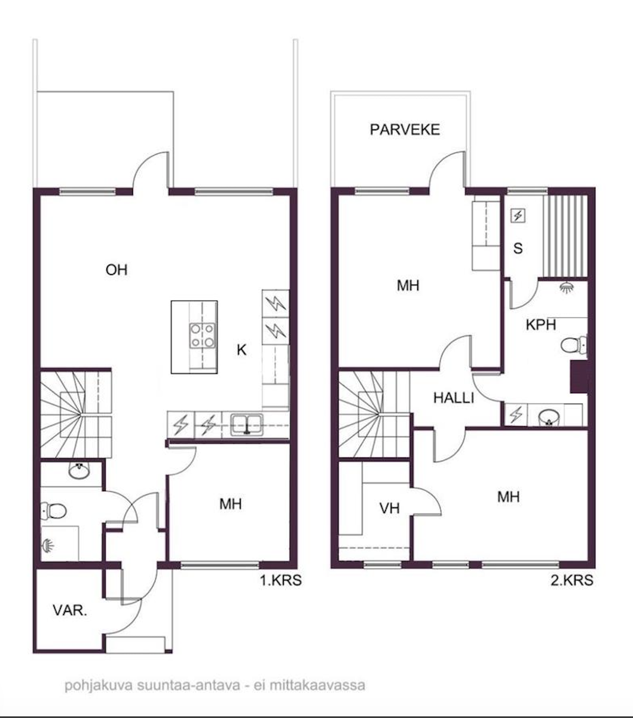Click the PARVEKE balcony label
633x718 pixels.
pyautogui.click(x=405, y=130)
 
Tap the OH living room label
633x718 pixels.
pyautogui.click(x=117, y=270)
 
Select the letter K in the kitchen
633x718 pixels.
pyautogui.click(x=241, y=350)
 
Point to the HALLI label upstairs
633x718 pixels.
pyautogui.click(x=454, y=398)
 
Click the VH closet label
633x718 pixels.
pyautogui.click(x=390, y=509)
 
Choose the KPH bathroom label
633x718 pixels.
pyautogui.click(x=540, y=325)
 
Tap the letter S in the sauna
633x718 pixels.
pyautogui.click(x=518, y=248)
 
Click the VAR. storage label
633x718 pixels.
pyautogui.click(x=70, y=610)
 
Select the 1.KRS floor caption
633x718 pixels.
pyautogui.click(x=281, y=580)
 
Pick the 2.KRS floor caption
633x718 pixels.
pyautogui.click(x=572, y=580)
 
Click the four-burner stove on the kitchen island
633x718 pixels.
pyautogui.click(x=203, y=335)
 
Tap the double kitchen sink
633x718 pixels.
pyautogui.click(x=247, y=425)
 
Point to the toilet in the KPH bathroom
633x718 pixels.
pyautogui.click(x=573, y=345)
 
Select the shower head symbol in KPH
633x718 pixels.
pyautogui.click(x=567, y=287)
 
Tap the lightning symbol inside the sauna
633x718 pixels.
pyautogui.click(x=518, y=215)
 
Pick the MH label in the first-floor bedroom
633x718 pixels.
pyautogui.click(x=231, y=504)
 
